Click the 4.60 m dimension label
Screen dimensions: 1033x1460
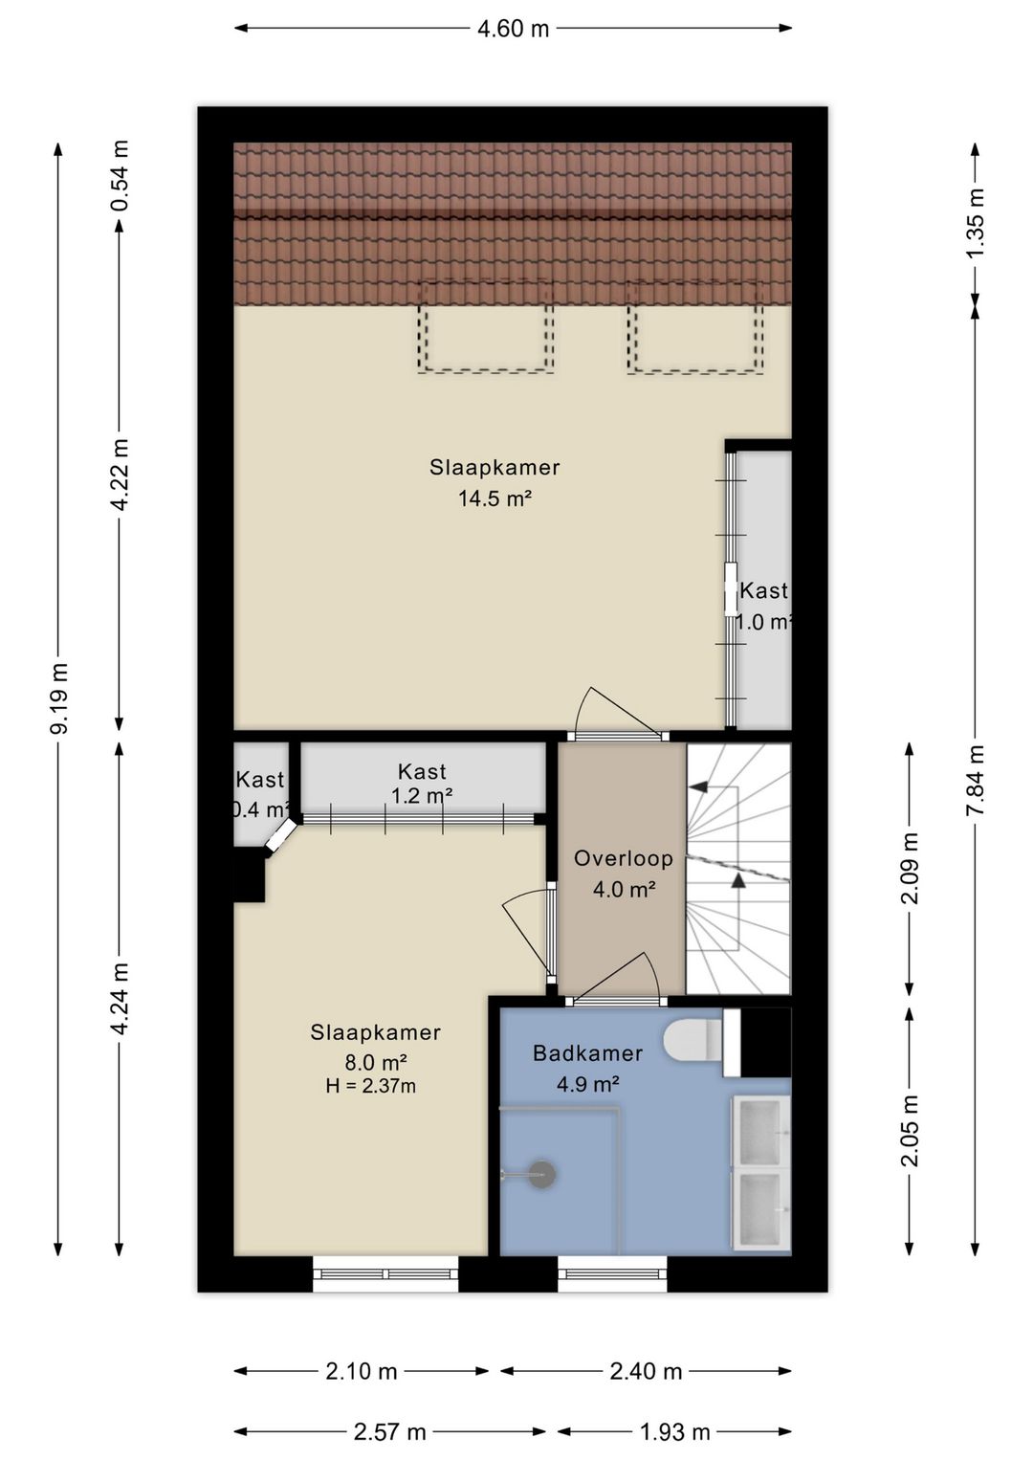[x=513, y=29]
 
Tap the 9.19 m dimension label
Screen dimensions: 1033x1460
[x=59, y=698]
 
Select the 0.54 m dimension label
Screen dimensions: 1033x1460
[x=120, y=176]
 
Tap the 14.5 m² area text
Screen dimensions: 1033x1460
[x=495, y=499]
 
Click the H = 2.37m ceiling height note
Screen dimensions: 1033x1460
[x=371, y=1086]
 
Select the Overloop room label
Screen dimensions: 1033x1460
[x=623, y=858]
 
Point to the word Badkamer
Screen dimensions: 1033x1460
[x=588, y=1053]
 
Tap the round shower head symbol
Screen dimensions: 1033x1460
[x=541, y=1175]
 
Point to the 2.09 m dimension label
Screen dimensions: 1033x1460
[x=910, y=868]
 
